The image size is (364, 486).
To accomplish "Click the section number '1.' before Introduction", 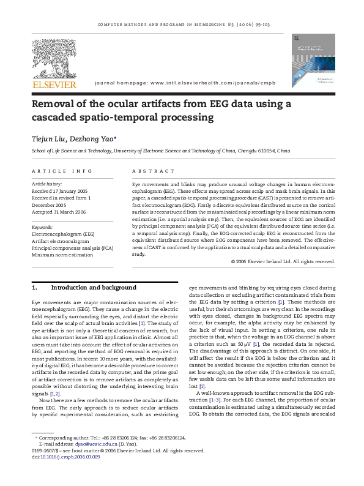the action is [35, 287].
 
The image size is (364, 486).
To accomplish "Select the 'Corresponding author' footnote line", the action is [116, 455].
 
